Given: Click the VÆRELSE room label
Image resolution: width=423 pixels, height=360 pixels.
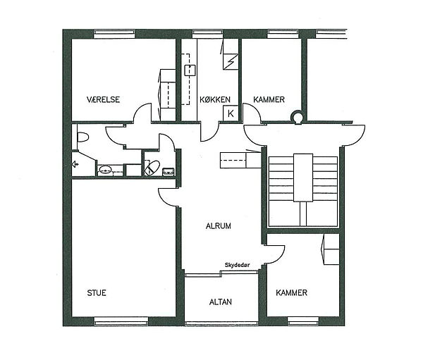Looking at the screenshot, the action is click(103, 99).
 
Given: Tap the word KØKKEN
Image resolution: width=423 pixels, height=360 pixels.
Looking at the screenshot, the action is click(215, 99).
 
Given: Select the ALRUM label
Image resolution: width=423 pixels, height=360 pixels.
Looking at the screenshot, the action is click(219, 226).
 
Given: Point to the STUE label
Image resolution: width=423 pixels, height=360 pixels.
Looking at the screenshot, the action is click(97, 293).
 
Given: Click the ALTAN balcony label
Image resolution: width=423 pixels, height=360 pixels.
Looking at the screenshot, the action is click(221, 302).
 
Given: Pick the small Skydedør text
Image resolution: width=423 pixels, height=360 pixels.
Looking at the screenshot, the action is click(238, 265).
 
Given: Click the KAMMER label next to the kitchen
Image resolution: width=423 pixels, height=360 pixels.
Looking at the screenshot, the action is click(269, 99).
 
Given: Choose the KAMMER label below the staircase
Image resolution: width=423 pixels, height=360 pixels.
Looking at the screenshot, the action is click(291, 292).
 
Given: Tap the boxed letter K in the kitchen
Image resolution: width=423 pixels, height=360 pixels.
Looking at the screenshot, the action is click(231, 113).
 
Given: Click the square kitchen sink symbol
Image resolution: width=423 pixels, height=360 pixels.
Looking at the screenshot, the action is click(190, 70).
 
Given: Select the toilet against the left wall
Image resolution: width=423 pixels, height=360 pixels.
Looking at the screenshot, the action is click(82, 137).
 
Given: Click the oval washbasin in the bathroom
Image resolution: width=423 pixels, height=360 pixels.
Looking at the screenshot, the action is click(106, 170).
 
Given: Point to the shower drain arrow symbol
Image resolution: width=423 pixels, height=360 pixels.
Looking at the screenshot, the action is click(75, 164).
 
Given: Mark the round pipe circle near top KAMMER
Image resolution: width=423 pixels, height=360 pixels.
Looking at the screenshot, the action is click(298, 117).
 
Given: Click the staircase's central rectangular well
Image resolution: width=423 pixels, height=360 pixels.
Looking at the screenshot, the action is click(303, 178).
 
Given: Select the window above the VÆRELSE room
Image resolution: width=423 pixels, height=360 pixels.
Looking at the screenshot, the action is click(114, 34).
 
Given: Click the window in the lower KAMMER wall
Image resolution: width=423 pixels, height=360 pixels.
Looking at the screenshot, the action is click(303, 321).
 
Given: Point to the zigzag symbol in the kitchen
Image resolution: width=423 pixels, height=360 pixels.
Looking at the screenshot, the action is click(231, 62).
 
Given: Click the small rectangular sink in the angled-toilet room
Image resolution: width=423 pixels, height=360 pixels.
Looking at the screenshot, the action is click(169, 171).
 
